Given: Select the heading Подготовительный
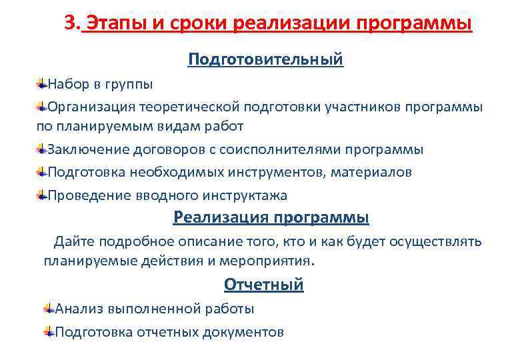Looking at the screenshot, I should click(x=265, y=60).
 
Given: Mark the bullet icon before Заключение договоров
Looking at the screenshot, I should click(x=41, y=149).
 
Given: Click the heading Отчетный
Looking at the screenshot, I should click(x=263, y=285).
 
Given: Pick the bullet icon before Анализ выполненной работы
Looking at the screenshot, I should click(x=48, y=309).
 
